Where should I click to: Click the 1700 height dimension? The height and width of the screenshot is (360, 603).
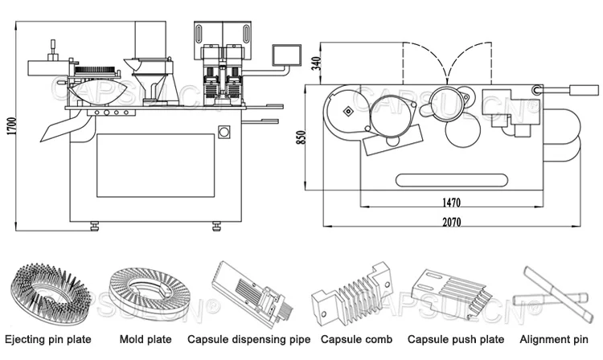(12, 125)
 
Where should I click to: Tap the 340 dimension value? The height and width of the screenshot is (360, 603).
(316, 63)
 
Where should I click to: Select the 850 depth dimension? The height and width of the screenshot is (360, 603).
(301, 137)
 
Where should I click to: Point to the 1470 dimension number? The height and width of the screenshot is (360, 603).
(451, 202)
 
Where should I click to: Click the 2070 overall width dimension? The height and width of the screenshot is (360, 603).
(452, 222)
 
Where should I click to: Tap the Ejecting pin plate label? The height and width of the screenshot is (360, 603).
(48, 340)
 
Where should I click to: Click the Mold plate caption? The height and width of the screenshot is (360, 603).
(146, 339)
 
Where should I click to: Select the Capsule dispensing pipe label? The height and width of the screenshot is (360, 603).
(248, 340)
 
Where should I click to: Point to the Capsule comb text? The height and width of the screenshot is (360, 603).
(356, 339)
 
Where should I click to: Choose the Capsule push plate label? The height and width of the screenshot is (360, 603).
(456, 340)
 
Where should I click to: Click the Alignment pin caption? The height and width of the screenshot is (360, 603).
(554, 340)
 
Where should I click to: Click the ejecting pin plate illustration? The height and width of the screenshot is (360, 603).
(50, 292)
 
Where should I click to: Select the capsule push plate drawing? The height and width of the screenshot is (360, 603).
(451, 294)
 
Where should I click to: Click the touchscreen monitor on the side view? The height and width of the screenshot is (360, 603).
(286, 54)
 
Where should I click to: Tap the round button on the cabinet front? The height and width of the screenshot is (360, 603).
(224, 132)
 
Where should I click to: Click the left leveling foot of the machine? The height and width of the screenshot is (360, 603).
(95, 226)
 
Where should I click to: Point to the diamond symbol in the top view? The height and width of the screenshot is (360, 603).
(348, 112)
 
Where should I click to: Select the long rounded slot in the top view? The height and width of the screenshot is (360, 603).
(452, 180)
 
